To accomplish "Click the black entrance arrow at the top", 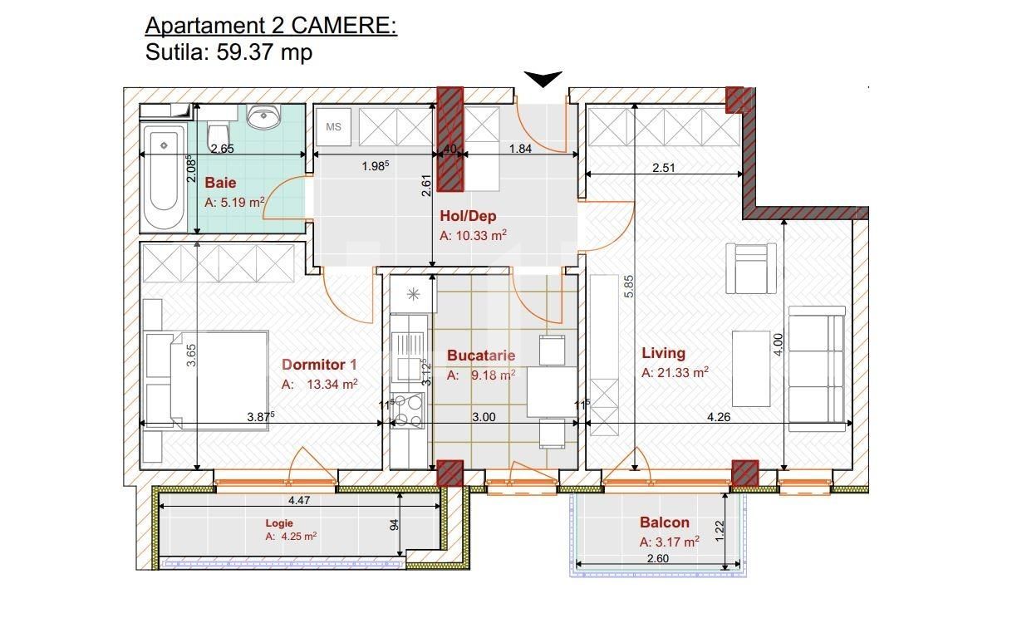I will [x=543, y=79].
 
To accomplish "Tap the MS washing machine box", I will [x=333, y=127].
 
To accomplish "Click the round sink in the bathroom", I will [x=267, y=117].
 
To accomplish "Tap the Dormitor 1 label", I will [x=319, y=365].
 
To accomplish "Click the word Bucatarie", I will [x=480, y=356].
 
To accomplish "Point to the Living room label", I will [x=663, y=353].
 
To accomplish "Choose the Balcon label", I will [x=664, y=522].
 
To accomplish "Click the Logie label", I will [x=279, y=523].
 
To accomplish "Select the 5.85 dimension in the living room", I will [x=629, y=287].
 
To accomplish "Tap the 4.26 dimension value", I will [x=718, y=417].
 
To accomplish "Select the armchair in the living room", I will [x=751, y=267].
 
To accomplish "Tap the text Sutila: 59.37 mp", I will [x=228, y=53].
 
